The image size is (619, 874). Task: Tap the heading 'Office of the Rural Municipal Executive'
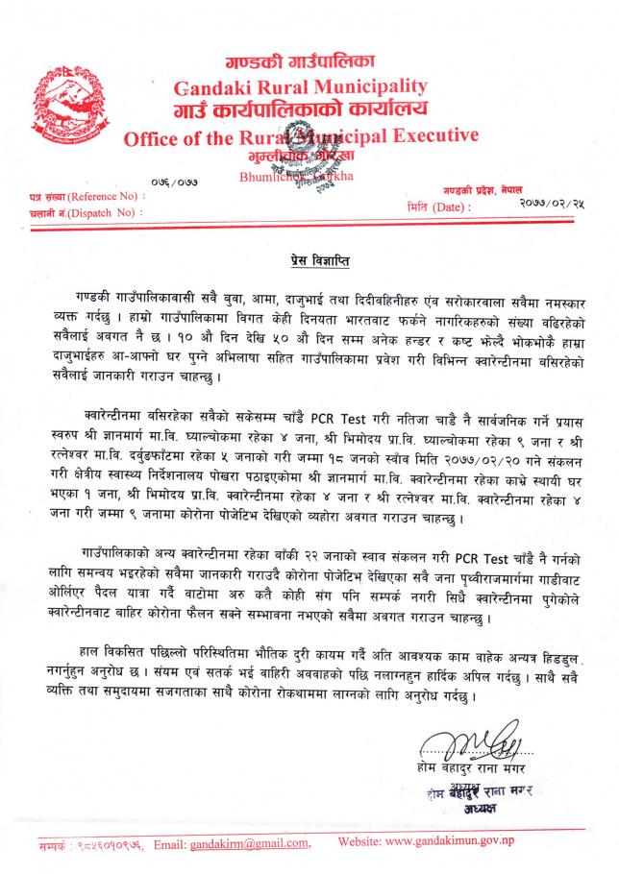coord(301,137)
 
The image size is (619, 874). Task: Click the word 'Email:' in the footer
coord(175,843)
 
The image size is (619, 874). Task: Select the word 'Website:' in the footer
coord(363,843)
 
